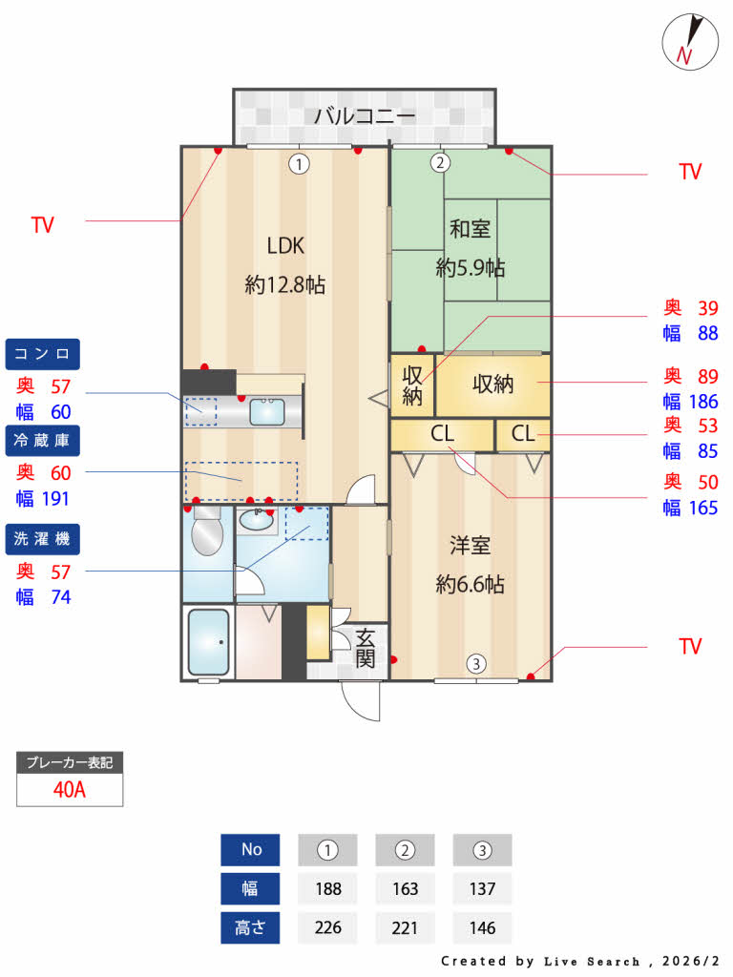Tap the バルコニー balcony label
click(365, 117)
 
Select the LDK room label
click(285, 246)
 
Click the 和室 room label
click(470, 229)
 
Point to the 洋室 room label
click(470, 546)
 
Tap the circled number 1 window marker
click(300, 163)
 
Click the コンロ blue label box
click(43, 354)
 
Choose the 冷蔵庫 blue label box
click(43, 440)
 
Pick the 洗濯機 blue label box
click(43, 539)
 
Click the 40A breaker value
click(70, 790)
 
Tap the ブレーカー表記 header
click(70, 762)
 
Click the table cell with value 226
click(328, 926)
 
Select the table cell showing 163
click(406, 888)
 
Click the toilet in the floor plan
click(205, 534)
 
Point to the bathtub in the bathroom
click(208, 642)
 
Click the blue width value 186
click(703, 402)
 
